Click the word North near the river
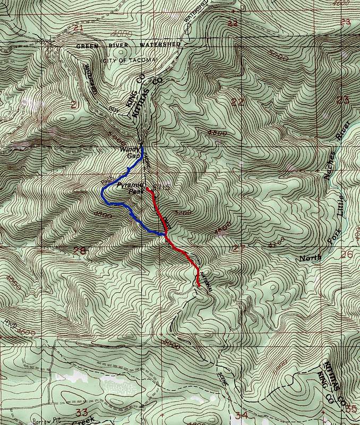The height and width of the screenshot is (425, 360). [x=311, y=258]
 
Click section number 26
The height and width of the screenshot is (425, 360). [x=347, y=254]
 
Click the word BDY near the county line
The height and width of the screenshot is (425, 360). [x=112, y=109]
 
